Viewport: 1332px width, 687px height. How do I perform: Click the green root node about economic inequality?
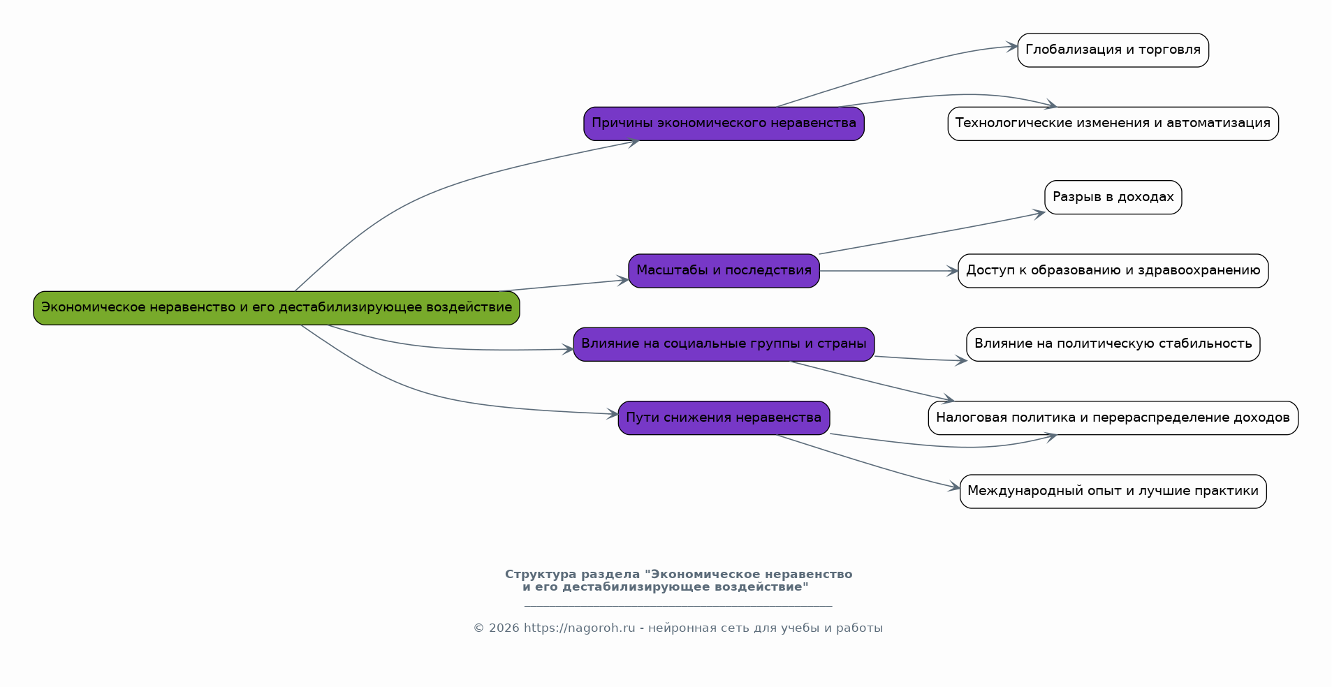[276, 308]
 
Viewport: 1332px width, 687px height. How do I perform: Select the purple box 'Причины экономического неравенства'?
[724, 124]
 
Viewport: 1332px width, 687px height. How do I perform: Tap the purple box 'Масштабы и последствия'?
[724, 271]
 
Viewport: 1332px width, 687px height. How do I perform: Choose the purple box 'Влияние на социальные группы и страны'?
[724, 344]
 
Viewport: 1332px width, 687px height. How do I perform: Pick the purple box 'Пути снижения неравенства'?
[724, 418]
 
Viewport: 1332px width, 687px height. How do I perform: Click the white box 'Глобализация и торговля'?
[1113, 50]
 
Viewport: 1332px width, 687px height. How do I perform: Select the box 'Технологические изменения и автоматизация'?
[1113, 124]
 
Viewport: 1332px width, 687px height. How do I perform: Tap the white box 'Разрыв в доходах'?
[1113, 198]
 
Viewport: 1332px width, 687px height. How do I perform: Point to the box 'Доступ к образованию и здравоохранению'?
[1113, 271]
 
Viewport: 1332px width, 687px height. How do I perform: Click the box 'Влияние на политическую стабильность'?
[1113, 344]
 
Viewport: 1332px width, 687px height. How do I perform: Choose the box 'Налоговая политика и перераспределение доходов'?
[1113, 418]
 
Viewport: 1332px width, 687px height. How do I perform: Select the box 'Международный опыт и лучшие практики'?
[1113, 492]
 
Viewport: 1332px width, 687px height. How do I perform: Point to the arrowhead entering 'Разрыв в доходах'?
[1039, 214]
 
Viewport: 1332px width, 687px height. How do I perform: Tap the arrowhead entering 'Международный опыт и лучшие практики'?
[954, 487]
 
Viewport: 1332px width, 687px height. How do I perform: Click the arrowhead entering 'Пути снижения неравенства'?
[613, 414]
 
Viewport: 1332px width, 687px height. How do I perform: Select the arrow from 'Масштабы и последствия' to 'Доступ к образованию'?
[887, 271]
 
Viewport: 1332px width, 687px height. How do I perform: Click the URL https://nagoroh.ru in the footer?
[579, 628]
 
